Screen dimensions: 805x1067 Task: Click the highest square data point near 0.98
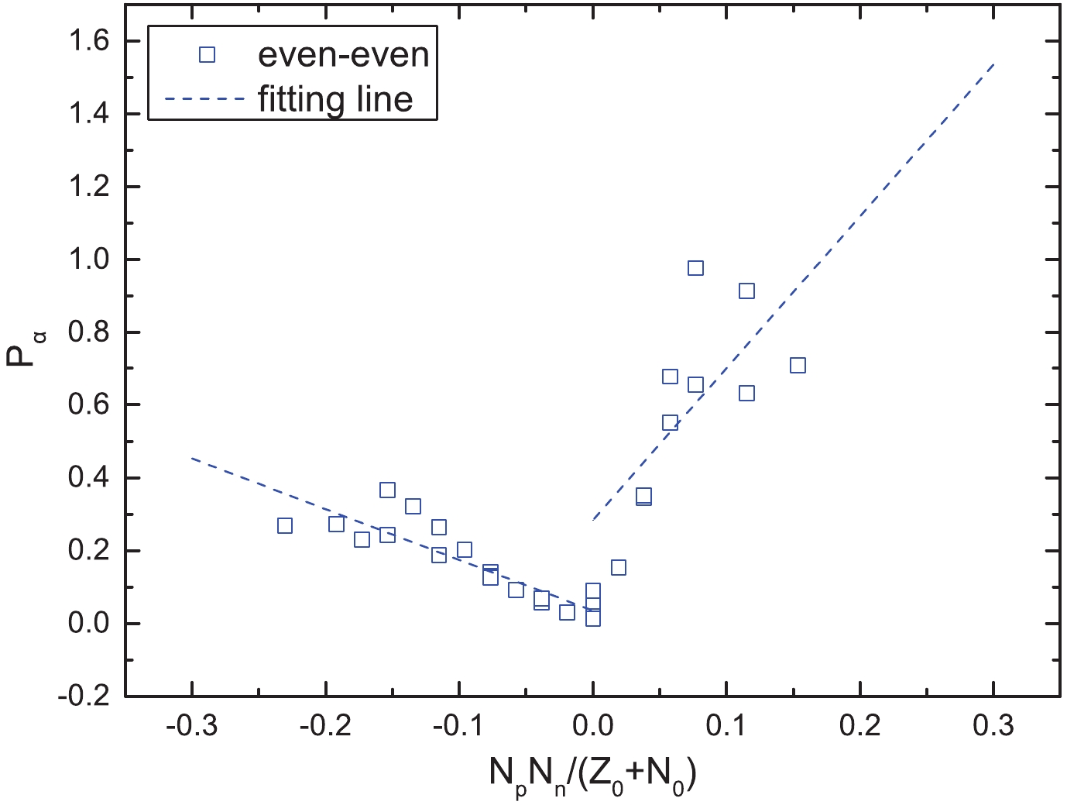click(695, 268)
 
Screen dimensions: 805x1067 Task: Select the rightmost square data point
click(798, 366)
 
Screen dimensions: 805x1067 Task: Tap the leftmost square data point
click(285, 526)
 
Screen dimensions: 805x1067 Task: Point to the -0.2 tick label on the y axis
click(87, 696)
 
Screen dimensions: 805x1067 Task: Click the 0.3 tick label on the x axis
click(993, 726)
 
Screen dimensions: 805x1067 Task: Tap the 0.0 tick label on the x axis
click(592, 726)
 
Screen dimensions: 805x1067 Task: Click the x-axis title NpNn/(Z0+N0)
click(592, 774)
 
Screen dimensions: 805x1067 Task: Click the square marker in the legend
click(207, 54)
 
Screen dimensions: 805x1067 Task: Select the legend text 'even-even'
click(343, 54)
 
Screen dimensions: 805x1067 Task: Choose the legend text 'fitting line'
click(335, 99)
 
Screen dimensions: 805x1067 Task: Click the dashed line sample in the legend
click(206, 98)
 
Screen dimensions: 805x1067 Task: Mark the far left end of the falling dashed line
click(192, 459)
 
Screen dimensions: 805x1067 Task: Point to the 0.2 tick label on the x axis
click(859, 726)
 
